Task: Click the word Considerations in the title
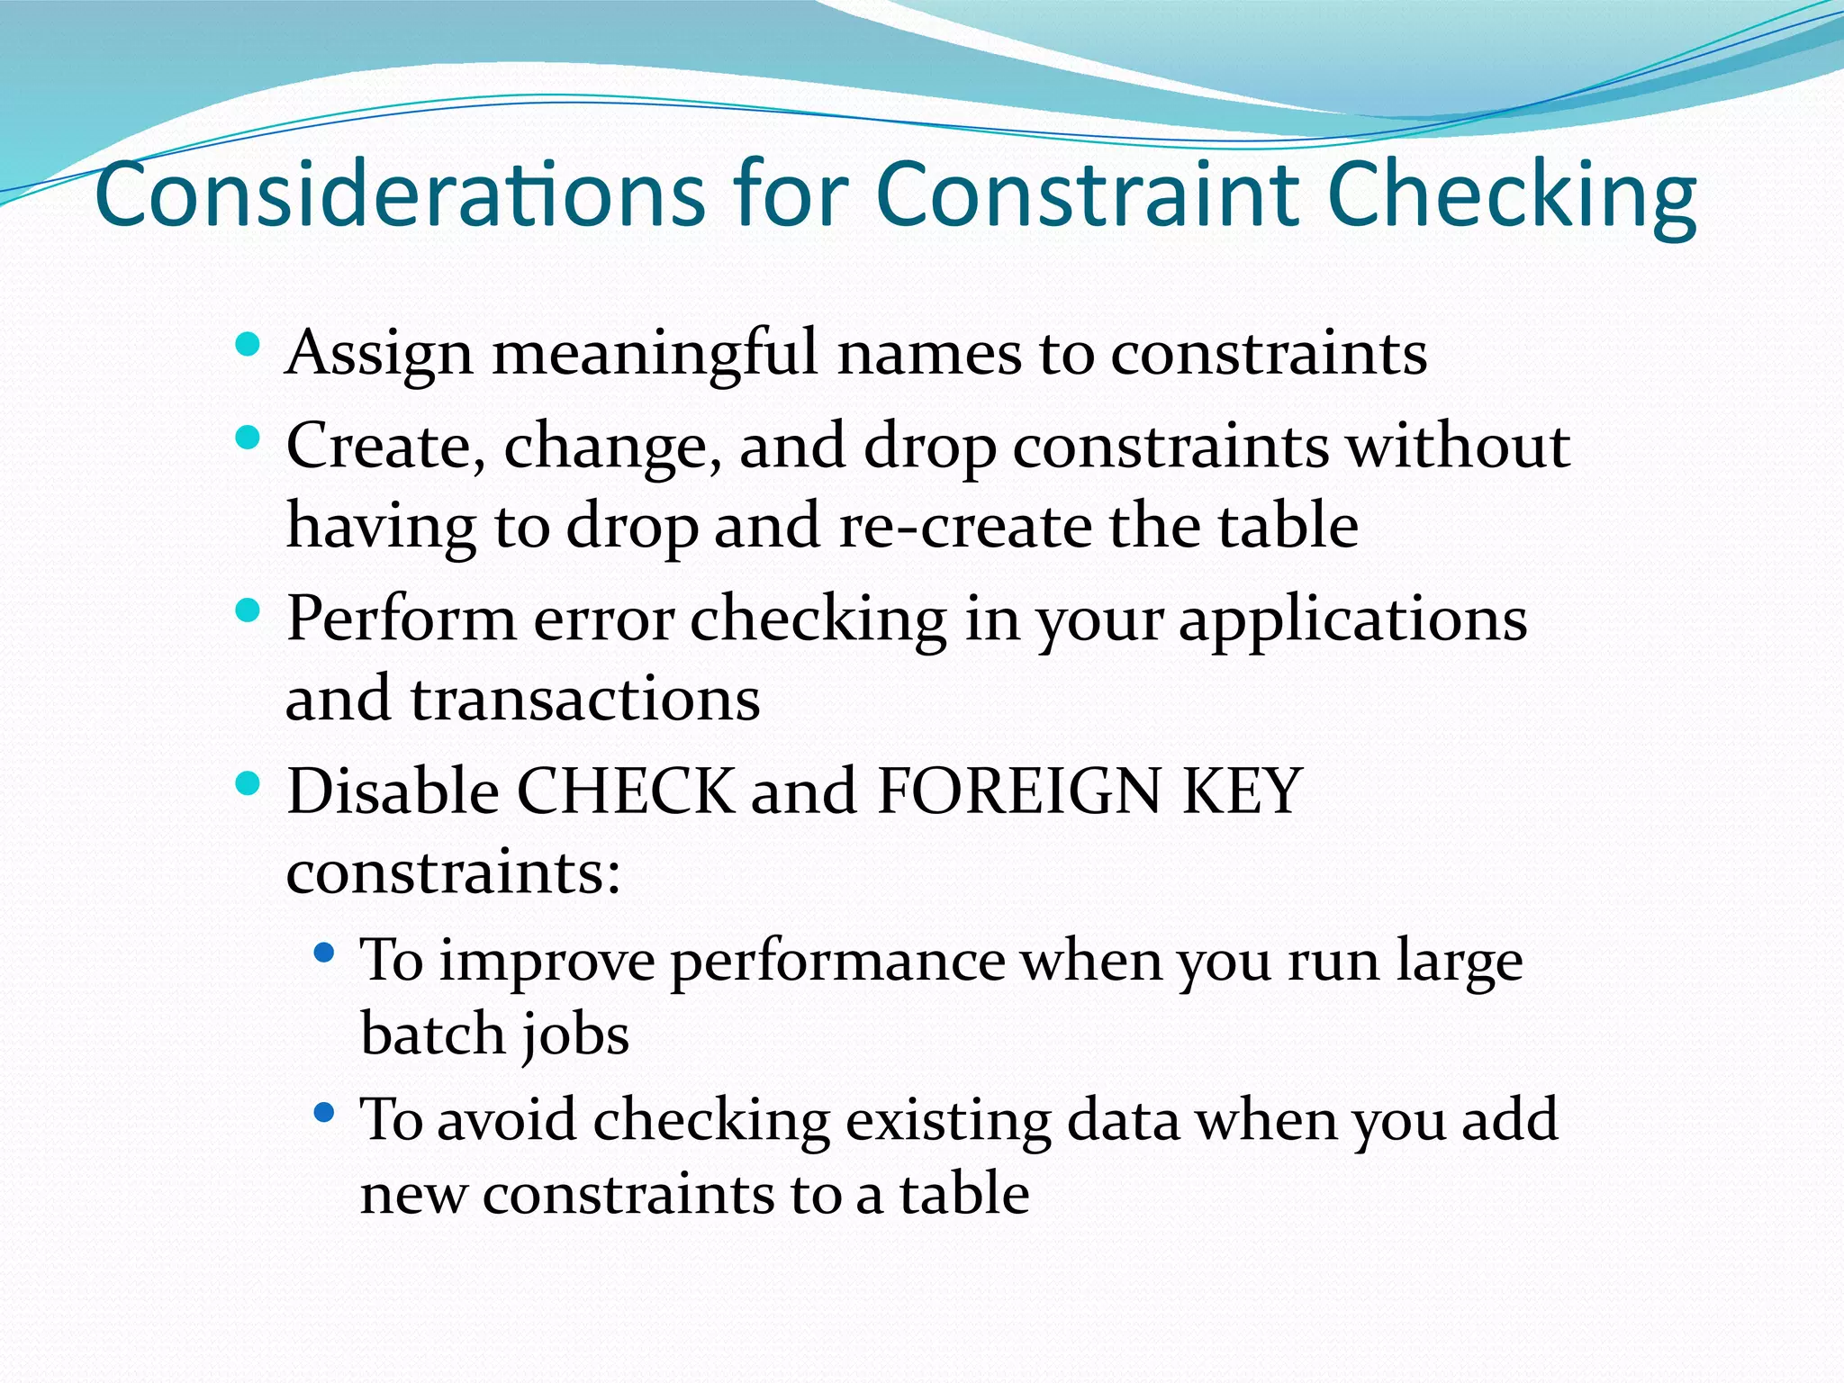pyautogui.click(x=400, y=194)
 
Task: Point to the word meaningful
pyautogui.click(x=655, y=354)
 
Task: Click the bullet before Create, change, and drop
pyautogui.click(x=247, y=438)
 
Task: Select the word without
pyautogui.click(x=1458, y=446)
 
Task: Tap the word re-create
pyautogui.click(x=963, y=526)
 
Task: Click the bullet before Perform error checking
pyautogui.click(x=247, y=611)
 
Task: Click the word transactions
pyautogui.click(x=585, y=700)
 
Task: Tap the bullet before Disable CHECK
pyautogui.click(x=247, y=783)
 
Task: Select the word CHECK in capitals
pyautogui.click(x=625, y=791)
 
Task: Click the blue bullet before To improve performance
pyautogui.click(x=324, y=952)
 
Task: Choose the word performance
pyautogui.click(x=837, y=962)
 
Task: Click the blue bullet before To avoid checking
pyautogui.click(x=324, y=1113)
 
